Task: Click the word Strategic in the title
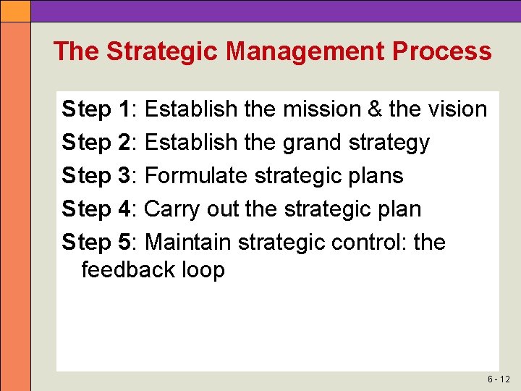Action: point(163,51)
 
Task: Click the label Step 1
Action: point(96,109)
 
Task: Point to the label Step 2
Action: point(96,143)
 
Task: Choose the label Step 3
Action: point(96,176)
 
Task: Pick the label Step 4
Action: point(96,209)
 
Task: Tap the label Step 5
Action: point(96,243)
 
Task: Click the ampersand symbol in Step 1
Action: point(374,109)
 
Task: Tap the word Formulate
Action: point(192,176)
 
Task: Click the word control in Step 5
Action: point(368,243)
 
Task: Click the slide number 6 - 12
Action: point(499,379)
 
